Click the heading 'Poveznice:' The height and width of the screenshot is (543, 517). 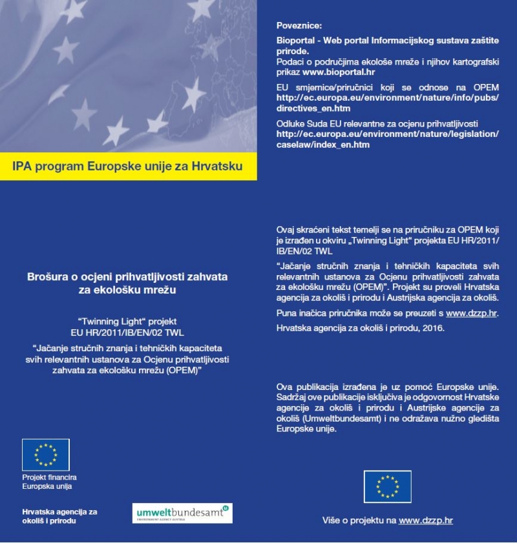coord(299,25)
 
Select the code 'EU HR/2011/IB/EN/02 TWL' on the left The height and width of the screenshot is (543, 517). coord(128,332)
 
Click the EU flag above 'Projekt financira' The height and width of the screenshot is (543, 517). coord(46,455)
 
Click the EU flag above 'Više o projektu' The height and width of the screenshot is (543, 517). coord(387,486)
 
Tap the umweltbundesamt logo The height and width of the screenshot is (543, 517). coord(182,514)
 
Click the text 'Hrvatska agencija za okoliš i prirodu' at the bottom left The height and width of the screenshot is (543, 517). coord(59,516)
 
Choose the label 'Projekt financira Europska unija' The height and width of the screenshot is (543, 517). coord(49,482)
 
